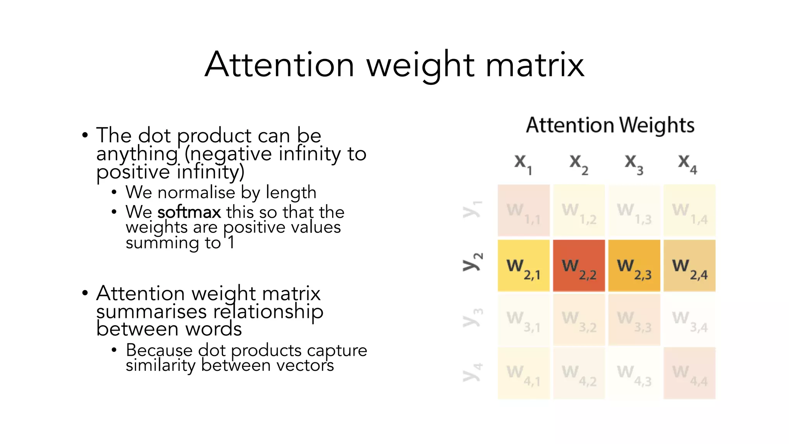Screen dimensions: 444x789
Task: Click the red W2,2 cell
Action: [x=579, y=266]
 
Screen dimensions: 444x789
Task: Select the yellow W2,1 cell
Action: [x=524, y=266]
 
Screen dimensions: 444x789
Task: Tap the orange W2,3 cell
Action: [x=634, y=266]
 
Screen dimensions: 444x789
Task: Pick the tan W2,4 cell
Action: [x=689, y=266]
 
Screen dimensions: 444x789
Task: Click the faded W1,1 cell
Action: [x=524, y=210]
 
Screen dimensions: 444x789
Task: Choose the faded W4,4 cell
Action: [x=689, y=373]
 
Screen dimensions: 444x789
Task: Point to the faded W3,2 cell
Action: [x=579, y=320]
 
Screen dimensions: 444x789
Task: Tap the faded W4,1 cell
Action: [x=524, y=373]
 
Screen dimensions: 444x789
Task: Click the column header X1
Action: [x=523, y=163]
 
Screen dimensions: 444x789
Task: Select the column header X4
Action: [x=687, y=163]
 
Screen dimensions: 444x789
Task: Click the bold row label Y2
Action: [x=472, y=262]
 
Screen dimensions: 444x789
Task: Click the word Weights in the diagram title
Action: [x=657, y=126]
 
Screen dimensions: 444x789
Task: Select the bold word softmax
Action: [x=189, y=212]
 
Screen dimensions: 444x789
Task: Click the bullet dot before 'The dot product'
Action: [x=85, y=135]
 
